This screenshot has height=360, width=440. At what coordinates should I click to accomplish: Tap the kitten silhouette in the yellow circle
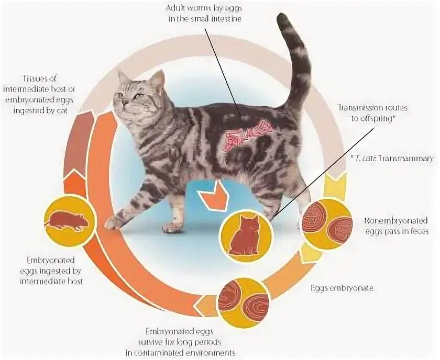[246, 234]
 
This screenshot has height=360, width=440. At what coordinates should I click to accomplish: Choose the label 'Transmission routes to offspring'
[373, 113]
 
